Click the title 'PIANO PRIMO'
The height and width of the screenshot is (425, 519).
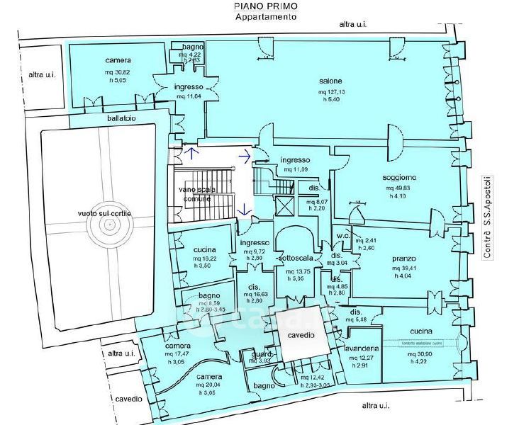coord(266,6)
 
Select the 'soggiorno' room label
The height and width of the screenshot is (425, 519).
coord(401,177)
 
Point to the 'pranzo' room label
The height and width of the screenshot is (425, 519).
coord(403,259)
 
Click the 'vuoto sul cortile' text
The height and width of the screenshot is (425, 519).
coord(105,212)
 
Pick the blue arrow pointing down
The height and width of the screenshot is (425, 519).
coord(242,209)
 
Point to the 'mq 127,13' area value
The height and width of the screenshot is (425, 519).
coord(331,91)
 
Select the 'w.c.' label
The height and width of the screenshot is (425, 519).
coord(345,236)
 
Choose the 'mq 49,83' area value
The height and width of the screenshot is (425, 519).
coord(400,188)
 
